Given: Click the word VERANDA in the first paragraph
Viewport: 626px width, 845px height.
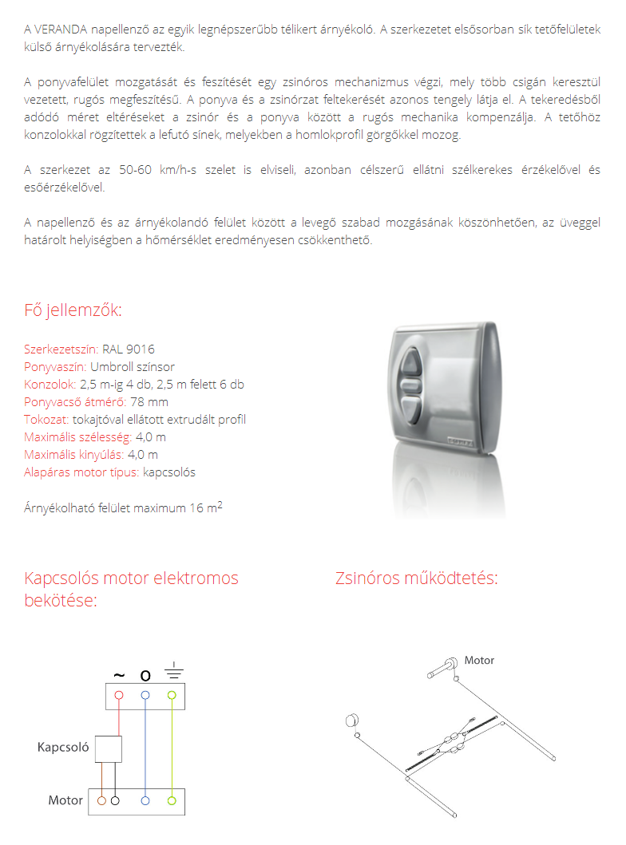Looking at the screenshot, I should click(x=62, y=30).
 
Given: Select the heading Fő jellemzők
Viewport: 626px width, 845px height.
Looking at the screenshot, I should click(x=73, y=310).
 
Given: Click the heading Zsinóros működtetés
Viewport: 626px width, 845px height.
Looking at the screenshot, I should click(x=416, y=578).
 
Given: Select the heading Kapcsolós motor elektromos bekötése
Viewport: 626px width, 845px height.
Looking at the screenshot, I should click(x=131, y=588).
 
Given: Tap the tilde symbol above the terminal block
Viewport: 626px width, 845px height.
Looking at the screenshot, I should click(x=119, y=675).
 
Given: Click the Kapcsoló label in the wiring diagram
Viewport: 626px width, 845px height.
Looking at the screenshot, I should click(x=62, y=748).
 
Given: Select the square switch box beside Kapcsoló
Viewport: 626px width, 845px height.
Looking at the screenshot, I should click(x=109, y=748).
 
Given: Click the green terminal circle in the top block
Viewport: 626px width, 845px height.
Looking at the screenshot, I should click(x=171, y=695).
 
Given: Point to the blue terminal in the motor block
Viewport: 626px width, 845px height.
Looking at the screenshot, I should click(x=145, y=800).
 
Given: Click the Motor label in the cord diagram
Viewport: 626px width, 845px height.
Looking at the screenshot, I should click(x=479, y=661).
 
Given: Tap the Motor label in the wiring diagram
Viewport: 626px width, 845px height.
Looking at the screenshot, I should click(x=65, y=800).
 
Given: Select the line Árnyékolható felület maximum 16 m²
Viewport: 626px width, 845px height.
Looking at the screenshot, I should click(x=123, y=507).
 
